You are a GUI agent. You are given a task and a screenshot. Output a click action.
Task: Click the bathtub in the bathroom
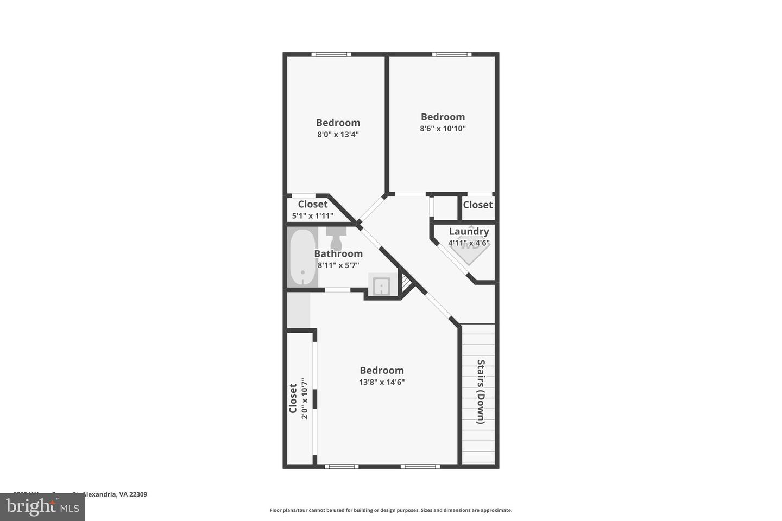pos(302,257)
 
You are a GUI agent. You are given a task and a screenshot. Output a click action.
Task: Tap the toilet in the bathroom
pos(336,236)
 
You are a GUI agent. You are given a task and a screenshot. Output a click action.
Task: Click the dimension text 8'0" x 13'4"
pos(338,134)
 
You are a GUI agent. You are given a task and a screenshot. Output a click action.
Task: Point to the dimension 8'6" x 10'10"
pos(443,129)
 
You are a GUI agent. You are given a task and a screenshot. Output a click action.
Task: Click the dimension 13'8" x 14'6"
pos(382,382)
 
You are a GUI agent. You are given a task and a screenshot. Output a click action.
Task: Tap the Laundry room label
pos(469,231)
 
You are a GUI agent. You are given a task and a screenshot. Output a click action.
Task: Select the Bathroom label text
pos(338,253)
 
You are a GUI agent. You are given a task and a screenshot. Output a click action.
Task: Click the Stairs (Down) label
pos(481,391)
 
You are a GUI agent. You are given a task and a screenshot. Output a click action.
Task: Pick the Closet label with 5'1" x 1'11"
pos(313,204)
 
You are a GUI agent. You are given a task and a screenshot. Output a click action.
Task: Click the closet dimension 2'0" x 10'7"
pos(305,399)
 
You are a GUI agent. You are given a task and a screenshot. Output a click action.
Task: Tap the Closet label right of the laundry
pos(478,205)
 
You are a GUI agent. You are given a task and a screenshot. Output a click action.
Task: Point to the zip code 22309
pos(138,494)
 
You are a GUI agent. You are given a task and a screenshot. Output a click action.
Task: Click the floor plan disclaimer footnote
pos(390,510)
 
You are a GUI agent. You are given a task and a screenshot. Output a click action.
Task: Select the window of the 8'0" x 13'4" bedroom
pos(331,54)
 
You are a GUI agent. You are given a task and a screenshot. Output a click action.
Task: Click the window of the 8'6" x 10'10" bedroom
pos(452,54)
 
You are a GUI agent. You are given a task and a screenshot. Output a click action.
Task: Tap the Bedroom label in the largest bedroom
pos(382,370)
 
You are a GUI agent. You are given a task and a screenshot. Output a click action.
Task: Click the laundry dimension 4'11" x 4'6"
pos(469,243)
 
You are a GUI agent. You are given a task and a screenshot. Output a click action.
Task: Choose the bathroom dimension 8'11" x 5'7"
pos(338,265)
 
